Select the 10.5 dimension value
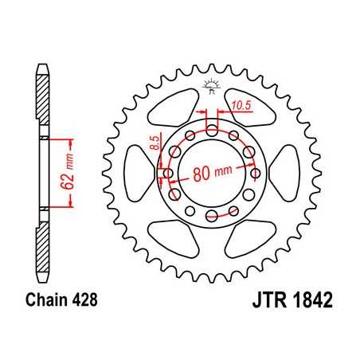240,105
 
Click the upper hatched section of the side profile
41,96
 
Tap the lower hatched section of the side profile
41,251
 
